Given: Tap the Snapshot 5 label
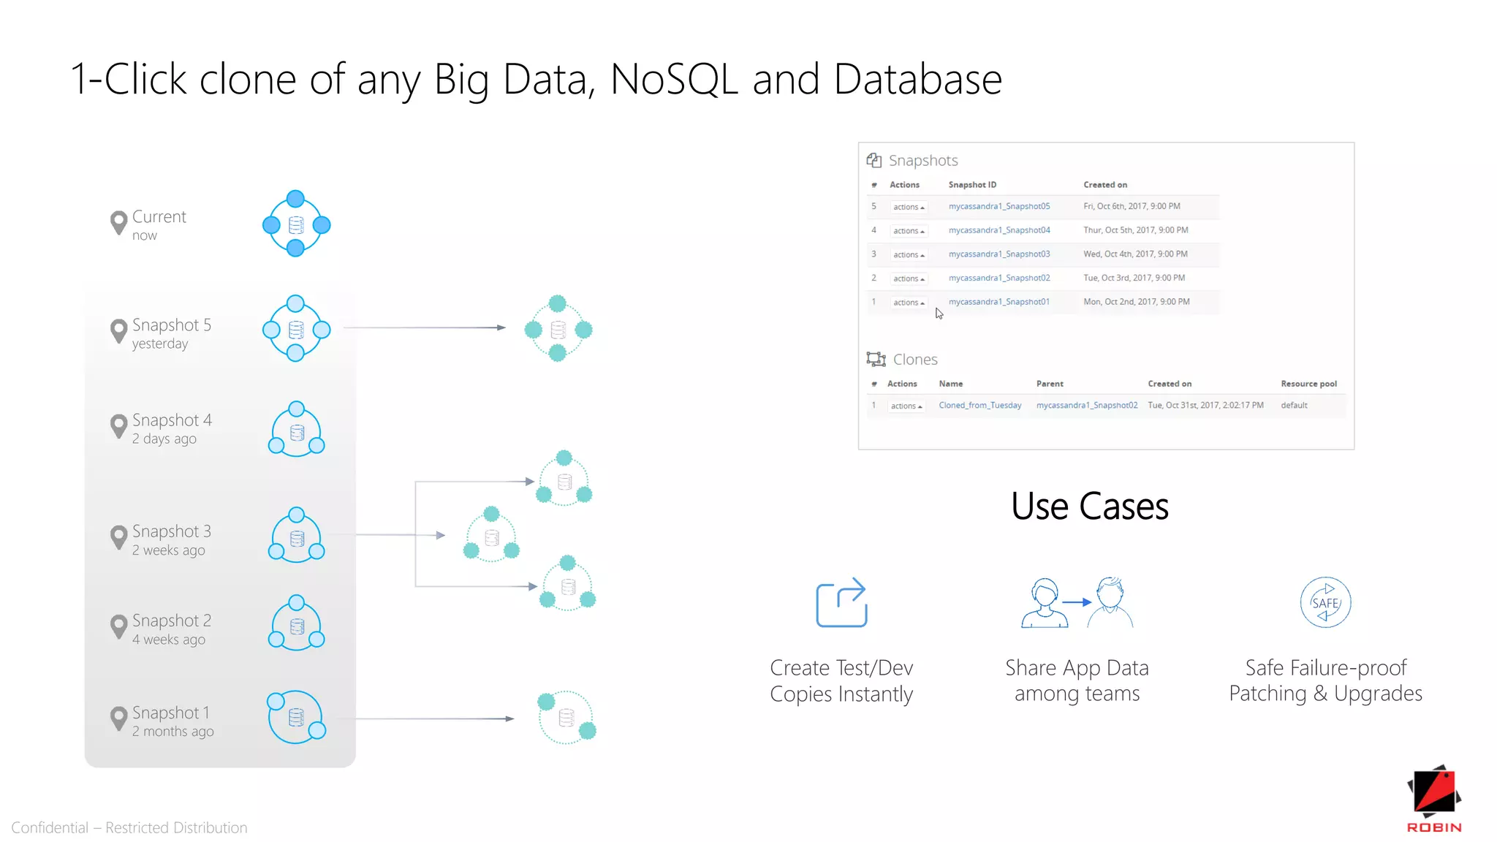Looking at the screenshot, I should coord(172,325).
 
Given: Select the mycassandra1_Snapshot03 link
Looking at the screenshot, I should coord(999,254).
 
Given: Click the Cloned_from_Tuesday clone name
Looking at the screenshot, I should coord(980,406).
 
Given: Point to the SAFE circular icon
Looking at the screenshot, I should coord(1325,603).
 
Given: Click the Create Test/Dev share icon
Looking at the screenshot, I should coord(841,603).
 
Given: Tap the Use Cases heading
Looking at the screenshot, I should coord(1090,507).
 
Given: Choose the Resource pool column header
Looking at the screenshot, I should coord(1308,384).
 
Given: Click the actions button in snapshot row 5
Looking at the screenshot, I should coord(909,208).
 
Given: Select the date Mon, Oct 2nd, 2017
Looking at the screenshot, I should coord(1137,302).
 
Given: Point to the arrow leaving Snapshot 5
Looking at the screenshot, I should coord(424,327).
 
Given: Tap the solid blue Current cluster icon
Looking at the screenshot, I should coord(296,224).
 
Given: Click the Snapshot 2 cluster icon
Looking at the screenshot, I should coord(296,625).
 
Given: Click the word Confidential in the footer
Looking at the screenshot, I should coord(50,828).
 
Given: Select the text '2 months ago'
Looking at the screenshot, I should coord(173,732).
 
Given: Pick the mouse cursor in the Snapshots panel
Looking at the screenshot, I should coord(939,314).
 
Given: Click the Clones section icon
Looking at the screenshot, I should coord(876,360).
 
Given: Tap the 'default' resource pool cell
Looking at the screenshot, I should coord(1294,406).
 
